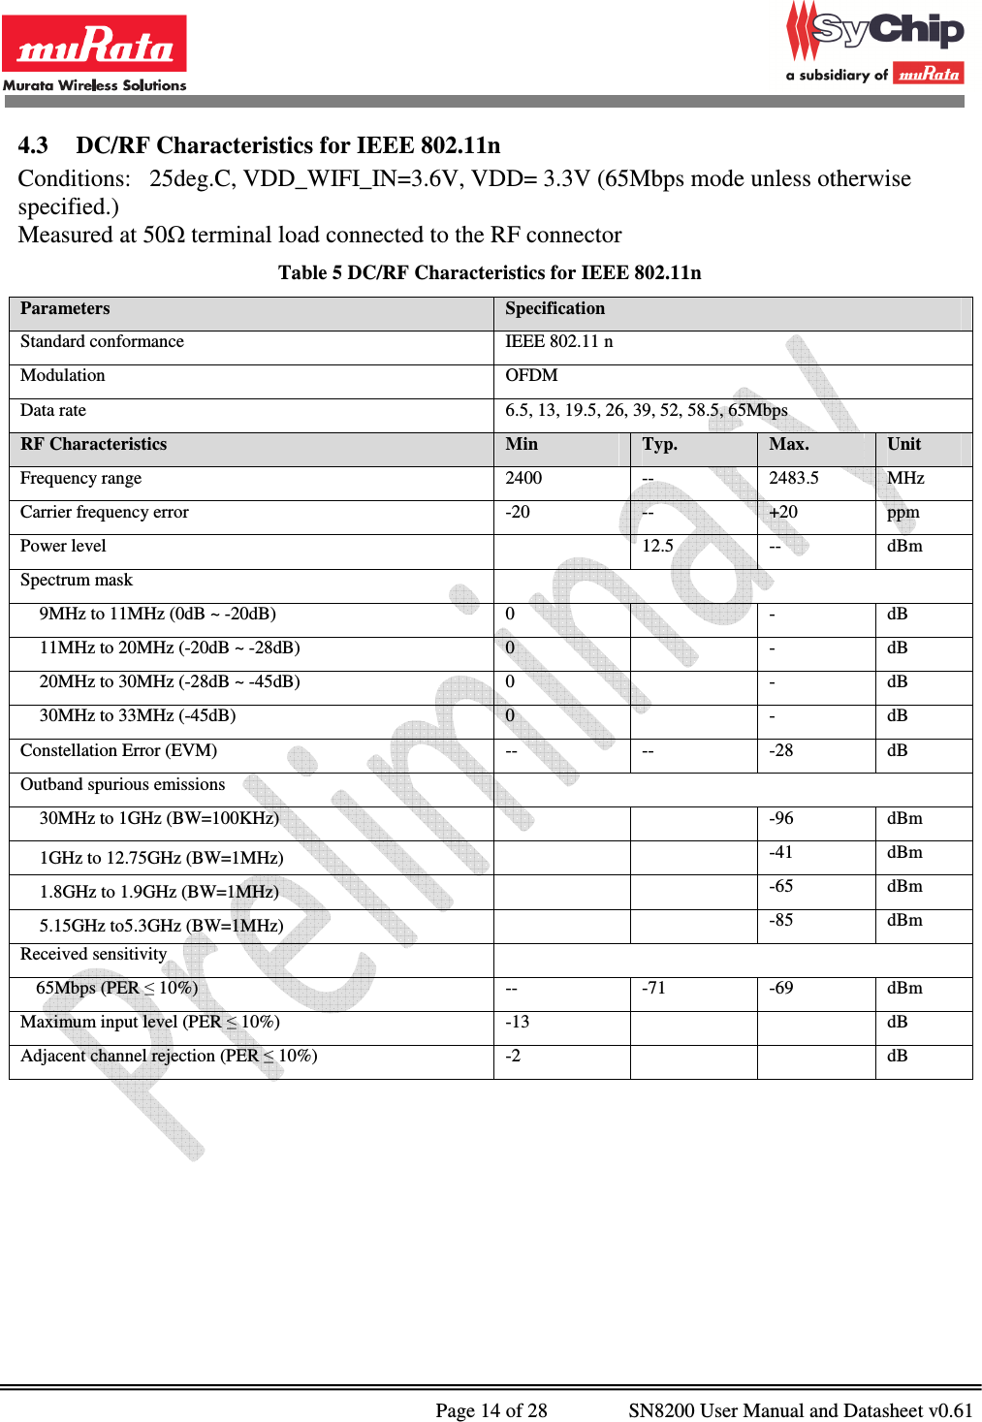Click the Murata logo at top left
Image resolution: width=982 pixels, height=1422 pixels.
click(x=94, y=53)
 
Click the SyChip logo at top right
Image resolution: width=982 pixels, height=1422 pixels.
click(x=875, y=44)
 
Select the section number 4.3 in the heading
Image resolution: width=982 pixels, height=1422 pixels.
click(x=33, y=145)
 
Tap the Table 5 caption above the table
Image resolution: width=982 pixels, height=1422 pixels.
click(x=490, y=272)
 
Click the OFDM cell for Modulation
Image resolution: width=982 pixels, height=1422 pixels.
click(x=531, y=376)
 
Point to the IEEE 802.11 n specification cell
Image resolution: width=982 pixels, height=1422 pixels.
click(x=558, y=341)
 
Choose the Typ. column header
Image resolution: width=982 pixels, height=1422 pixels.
click(x=659, y=444)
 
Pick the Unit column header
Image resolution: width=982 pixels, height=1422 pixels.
click(x=903, y=444)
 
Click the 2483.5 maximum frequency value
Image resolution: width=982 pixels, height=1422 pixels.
click(x=793, y=478)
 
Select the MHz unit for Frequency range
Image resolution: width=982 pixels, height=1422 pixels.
click(x=905, y=478)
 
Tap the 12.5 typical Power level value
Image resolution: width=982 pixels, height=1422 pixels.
click(x=657, y=546)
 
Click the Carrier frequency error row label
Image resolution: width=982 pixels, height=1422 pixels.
click(x=105, y=512)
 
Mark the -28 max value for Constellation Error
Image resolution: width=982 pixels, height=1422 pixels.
click(x=780, y=750)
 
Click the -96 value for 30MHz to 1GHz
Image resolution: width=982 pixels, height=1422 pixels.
click(x=780, y=818)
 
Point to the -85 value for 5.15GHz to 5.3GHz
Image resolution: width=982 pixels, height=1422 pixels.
click(x=780, y=920)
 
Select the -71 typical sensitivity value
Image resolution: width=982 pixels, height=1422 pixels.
click(x=653, y=988)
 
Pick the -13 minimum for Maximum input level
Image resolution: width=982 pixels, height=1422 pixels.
click(x=517, y=1022)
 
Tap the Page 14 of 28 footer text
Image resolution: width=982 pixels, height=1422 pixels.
click(x=491, y=1410)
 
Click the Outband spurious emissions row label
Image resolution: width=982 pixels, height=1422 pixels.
click(x=122, y=784)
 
